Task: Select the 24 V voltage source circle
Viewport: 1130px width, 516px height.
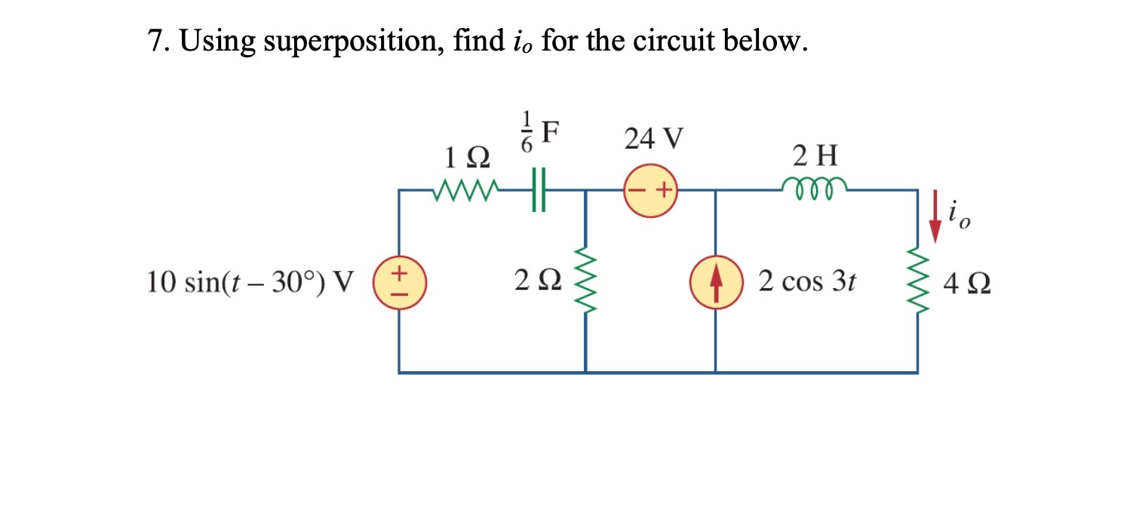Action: pos(650,191)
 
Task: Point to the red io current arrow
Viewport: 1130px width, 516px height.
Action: pos(935,217)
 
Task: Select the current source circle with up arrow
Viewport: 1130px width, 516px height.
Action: pos(715,282)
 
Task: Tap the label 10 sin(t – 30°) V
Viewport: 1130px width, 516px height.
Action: pos(250,282)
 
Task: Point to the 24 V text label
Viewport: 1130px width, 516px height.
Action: pos(653,139)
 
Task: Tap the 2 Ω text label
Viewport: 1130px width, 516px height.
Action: pos(537,282)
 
